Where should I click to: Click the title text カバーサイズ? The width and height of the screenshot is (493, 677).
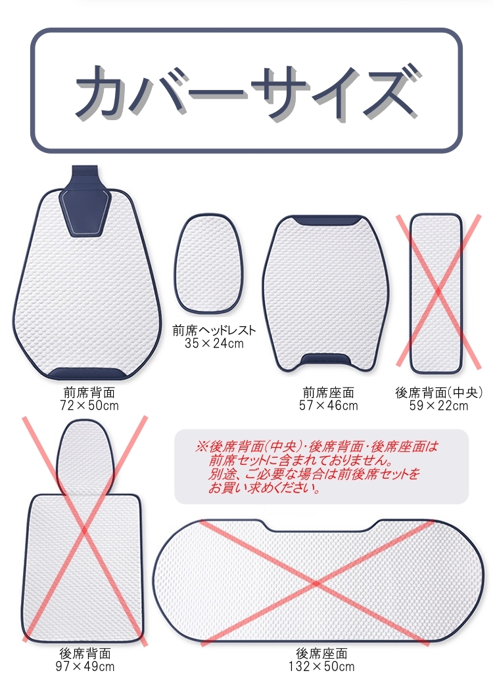pyautogui.click(x=247, y=91)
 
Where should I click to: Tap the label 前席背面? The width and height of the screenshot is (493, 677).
pyautogui.click(x=89, y=393)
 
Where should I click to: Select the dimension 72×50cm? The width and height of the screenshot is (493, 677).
pyautogui.click(x=89, y=405)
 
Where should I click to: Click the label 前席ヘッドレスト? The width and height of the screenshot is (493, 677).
pyautogui.click(x=214, y=331)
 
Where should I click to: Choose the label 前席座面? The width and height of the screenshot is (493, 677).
pyautogui.click(x=329, y=393)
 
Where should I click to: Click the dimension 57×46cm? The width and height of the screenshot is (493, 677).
pyautogui.click(x=329, y=405)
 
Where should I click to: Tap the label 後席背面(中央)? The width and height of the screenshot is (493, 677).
pyautogui.click(x=438, y=393)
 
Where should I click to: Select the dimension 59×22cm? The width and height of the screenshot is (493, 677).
pyautogui.click(x=438, y=405)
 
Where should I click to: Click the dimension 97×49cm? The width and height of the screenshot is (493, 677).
pyautogui.click(x=85, y=666)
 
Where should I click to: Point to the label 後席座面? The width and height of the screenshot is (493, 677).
pyautogui.click(x=322, y=653)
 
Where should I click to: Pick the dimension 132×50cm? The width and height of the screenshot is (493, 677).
pyautogui.click(x=322, y=666)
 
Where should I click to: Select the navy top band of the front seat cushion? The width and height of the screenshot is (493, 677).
pyautogui.click(x=327, y=221)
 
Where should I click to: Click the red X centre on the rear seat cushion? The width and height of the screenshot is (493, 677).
pyautogui.click(x=317, y=584)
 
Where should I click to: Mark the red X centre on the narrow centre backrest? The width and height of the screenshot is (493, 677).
pyautogui.click(x=438, y=292)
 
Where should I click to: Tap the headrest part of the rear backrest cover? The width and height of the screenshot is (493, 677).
pyautogui.click(x=83, y=457)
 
